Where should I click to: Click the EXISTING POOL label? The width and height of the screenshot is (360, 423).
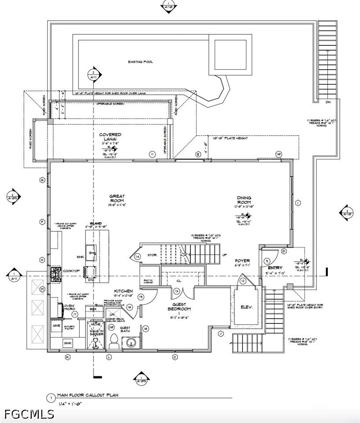[141, 62]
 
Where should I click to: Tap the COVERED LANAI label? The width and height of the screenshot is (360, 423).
[110, 137]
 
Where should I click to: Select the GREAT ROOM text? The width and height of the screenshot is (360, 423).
[117, 199]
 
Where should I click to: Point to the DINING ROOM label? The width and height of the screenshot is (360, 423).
[244, 200]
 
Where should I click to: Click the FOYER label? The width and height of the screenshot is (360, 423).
[242, 261]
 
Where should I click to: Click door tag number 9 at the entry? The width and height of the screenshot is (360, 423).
[267, 261]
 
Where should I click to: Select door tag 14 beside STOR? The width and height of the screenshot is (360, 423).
[137, 256]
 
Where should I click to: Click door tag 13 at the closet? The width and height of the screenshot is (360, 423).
[176, 291]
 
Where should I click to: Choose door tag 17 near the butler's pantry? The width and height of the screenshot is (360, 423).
[75, 314]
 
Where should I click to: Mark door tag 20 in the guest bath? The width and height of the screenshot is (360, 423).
[111, 327]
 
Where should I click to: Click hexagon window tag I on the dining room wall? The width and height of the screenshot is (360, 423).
[298, 203]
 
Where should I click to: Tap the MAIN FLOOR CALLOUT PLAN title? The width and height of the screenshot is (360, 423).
[88, 395]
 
